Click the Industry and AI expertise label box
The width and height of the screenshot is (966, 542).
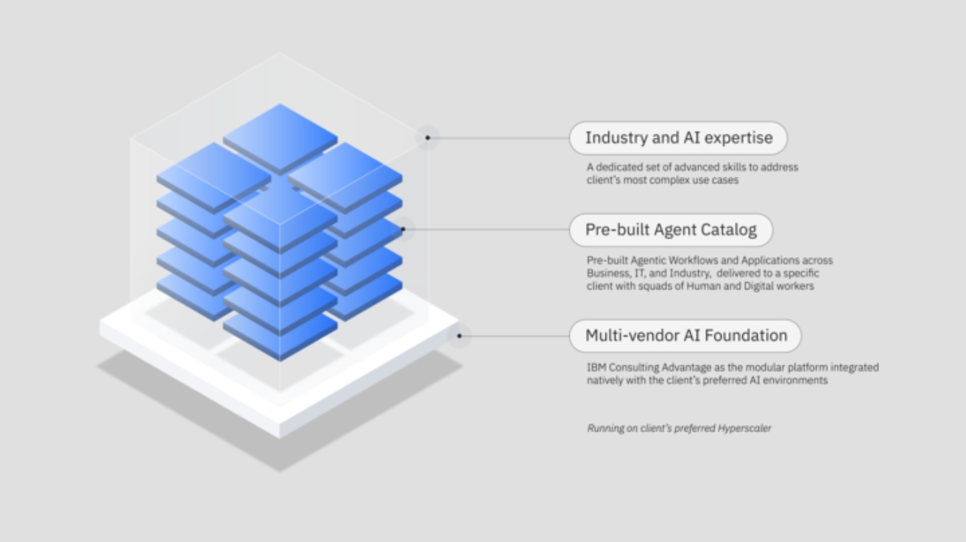(678, 138)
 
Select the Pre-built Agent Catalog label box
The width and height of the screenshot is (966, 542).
(671, 230)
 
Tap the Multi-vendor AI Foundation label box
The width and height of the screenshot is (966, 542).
(685, 336)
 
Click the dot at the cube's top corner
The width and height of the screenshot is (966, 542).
(427, 138)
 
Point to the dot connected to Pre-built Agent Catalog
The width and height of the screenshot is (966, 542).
(403, 230)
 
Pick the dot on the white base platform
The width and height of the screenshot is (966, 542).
(459, 337)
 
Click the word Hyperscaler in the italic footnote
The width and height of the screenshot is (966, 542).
(744, 428)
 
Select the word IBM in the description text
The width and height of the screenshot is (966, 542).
(596, 367)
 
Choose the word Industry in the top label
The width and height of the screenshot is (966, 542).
(615, 138)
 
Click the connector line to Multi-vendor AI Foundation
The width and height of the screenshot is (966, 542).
(515, 337)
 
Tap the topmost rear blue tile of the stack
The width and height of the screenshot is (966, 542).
(280, 136)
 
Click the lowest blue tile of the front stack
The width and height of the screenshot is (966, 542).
(280, 335)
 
